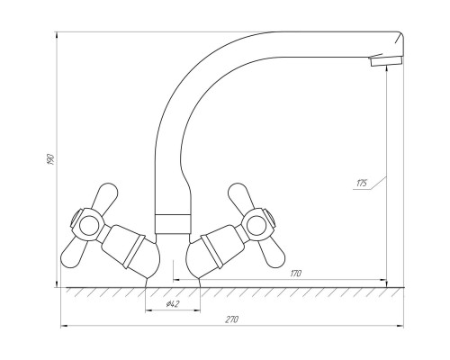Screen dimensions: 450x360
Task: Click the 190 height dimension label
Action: [x=50, y=159]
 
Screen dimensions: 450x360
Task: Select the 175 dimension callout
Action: [x=362, y=183]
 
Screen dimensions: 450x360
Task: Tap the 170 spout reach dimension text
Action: [x=296, y=274]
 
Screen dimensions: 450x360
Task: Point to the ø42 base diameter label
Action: [x=173, y=304]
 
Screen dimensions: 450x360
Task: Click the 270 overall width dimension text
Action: [x=231, y=319]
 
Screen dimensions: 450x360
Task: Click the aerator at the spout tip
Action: [x=387, y=61]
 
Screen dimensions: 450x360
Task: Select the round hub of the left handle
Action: [x=89, y=224]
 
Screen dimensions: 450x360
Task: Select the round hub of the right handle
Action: [x=256, y=224]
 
